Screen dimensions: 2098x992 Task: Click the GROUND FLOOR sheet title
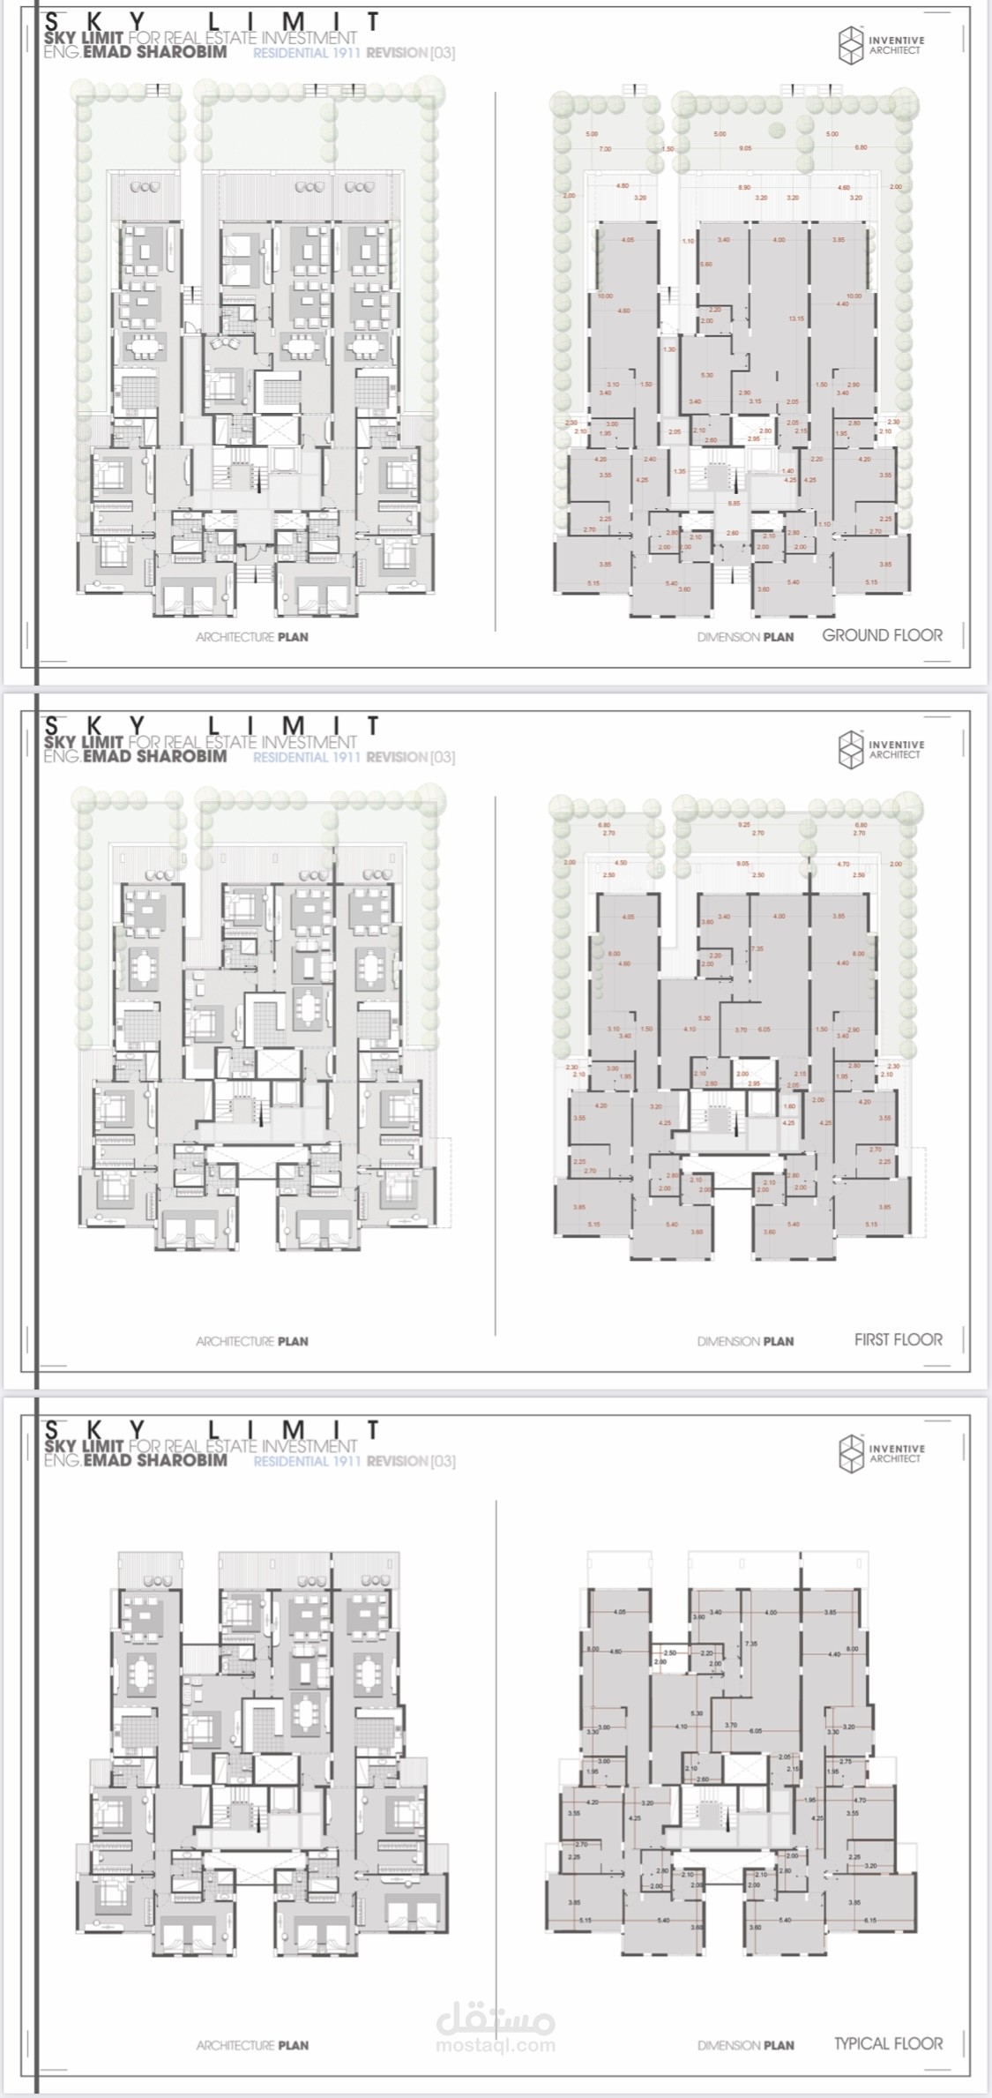click(x=882, y=635)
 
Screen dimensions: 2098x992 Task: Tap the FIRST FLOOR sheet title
click(x=898, y=1339)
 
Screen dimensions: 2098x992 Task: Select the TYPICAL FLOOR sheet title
click(x=888, y=2043)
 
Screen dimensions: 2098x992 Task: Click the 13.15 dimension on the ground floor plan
click(x=797, y=318)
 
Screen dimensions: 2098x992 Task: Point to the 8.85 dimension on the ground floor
click(x=734, y=503)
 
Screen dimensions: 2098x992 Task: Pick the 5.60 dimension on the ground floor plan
click(x=705, y=265)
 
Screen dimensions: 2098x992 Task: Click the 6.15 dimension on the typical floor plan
click(x=870, y=1921)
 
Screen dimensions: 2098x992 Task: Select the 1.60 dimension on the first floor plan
click(x=789, y=1106)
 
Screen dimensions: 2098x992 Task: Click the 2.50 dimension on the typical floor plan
click(x=670, y=1652)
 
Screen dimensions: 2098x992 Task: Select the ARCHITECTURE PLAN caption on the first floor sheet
click(x=252, y=1341)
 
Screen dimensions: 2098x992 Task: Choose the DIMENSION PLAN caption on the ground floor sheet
click(x=745, y=637)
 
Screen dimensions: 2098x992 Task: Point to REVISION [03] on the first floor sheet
click(x=411, y=757)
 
